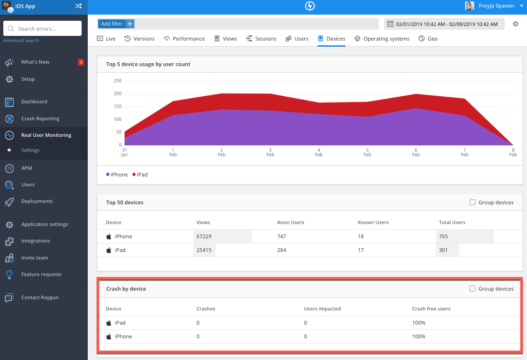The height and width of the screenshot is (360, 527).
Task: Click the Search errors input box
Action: point(42,29)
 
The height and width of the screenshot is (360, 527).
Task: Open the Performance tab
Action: point(184,39)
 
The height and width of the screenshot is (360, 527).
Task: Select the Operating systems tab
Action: point(382,39)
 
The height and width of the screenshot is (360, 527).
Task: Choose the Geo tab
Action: point(428,39)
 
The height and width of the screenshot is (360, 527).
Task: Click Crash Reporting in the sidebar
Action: point(40,118)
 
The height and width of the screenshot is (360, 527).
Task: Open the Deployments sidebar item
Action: point(37,201)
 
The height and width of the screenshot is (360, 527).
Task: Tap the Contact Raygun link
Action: point(40,297)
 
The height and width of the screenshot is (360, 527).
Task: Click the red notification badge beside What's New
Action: point(81,62)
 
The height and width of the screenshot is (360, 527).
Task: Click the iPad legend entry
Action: point(140,175)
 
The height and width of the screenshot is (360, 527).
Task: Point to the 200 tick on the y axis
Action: point(117,93)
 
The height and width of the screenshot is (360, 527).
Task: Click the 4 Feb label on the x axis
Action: point(319,152)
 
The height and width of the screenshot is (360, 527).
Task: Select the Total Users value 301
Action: point(443,250)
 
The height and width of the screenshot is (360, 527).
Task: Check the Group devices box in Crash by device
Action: point(472,289)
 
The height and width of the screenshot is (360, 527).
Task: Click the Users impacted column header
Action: point(322,309)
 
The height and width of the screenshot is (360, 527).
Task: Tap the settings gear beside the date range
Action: point(516,24)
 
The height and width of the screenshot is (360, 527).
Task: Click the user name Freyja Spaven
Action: point(496,6)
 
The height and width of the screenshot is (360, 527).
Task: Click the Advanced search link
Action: point(21,41)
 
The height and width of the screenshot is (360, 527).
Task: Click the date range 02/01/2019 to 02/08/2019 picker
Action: point(444,24)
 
